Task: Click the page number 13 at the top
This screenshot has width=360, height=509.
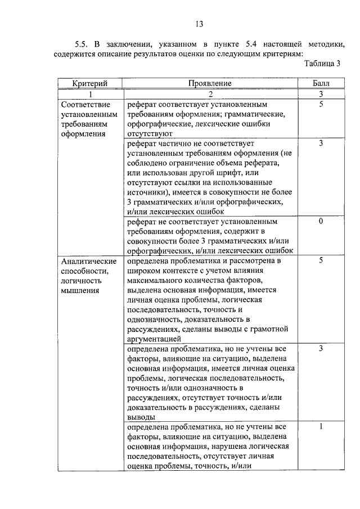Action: (x=199, y=24)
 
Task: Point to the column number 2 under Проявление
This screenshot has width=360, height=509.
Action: (x=210, y=94)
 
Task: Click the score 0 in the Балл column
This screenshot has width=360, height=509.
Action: (x=321, y=221)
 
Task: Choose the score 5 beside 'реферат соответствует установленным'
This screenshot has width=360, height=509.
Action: (x=321, y=105)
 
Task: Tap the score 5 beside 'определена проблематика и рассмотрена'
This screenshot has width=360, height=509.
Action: (x=321, y=260)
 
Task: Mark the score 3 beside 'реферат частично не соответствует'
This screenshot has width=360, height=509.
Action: (x=321, y=143)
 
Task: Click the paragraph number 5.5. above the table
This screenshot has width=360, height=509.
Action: (x=83, y=43)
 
